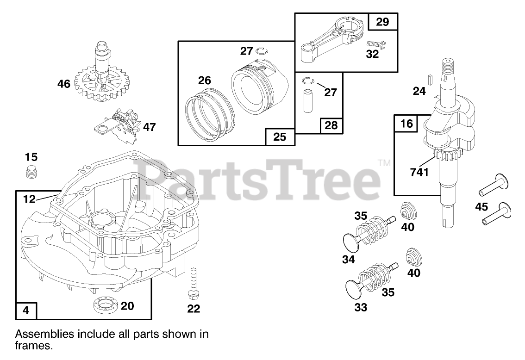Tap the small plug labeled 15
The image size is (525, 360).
click(31, 172)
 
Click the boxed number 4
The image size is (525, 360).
click(26, 310)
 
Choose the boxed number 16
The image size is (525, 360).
click(406, 124)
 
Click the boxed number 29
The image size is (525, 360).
click(382, 21)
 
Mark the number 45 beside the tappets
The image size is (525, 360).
click(481, 207)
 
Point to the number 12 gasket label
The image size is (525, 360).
click(29, 199)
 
